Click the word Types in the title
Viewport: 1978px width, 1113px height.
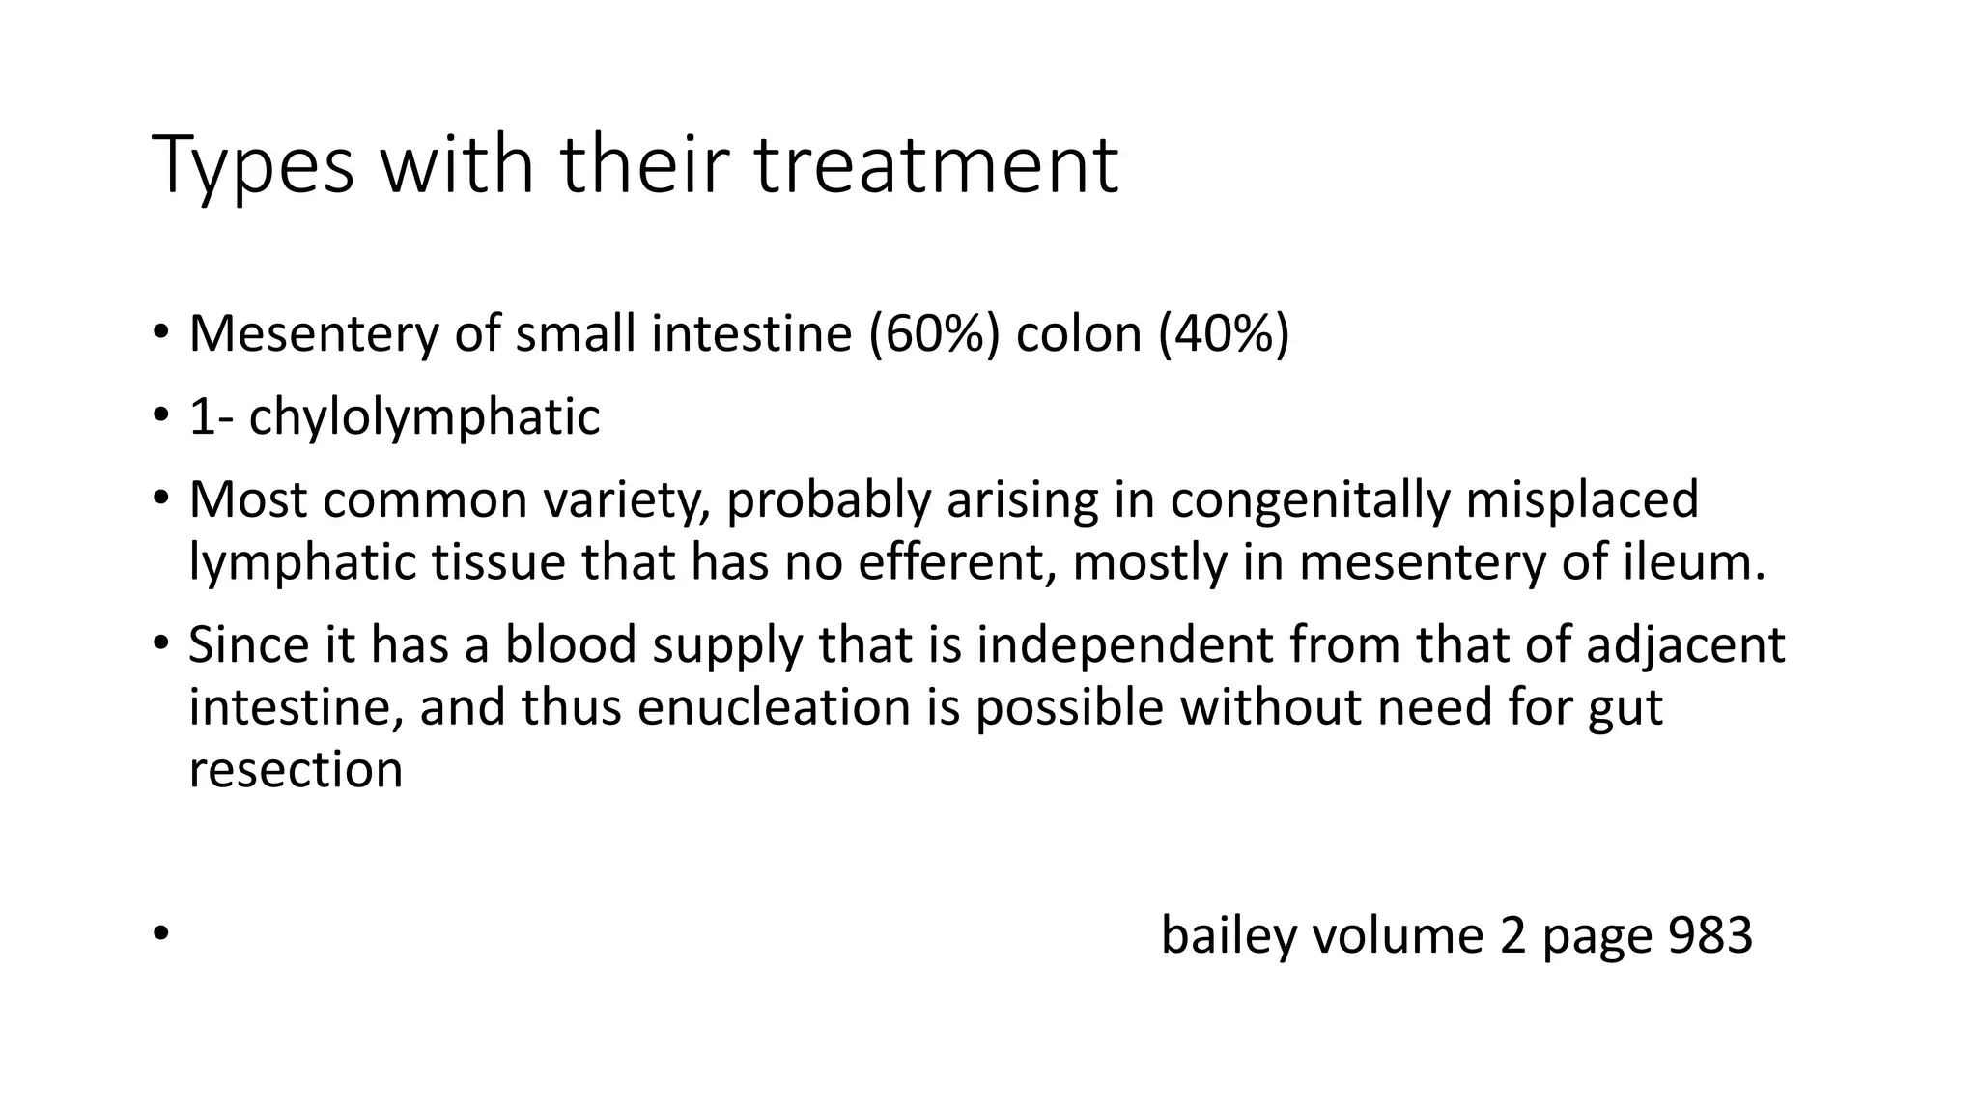[253, 166]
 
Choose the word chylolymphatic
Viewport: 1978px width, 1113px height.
[424, 417]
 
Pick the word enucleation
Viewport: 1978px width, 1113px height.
[774, 707]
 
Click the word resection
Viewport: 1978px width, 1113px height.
[296, 770]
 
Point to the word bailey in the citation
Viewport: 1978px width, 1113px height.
[1226, 935]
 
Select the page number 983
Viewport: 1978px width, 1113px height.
[1710, 935]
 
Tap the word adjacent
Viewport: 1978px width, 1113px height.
[1685, 644]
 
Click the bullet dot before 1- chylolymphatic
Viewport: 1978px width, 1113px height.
[160, 417]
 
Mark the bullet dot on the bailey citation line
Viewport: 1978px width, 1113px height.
[160, 934]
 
